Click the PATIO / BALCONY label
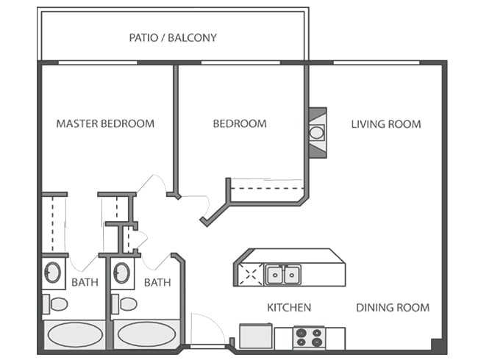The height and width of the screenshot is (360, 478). pyautogui.click(x=173, y=37)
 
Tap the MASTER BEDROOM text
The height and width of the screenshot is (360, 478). pyautogui.click(x=105, y=123)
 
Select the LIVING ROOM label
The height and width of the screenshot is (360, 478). pyautogui.click(x=385, y=123)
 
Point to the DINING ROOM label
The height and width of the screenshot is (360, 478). pyautogui.click(x=393, y=307)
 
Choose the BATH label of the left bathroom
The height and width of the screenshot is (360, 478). pyautogui.click(x=84, y=282)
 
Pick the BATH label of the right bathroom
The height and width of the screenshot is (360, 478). pyautogui.click(x=157, y=282)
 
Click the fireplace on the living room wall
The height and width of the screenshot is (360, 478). pyautogui.click(x=317, y=133)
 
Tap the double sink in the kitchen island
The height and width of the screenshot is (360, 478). pyautogui.click(x=283, y=275)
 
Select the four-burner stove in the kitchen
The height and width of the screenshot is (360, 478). pyautogui.click(x=309, y=337)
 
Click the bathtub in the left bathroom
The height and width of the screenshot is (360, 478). pyautogui.click(x=74, y=335)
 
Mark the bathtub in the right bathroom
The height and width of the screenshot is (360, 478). pyautogui.click(x=146, y=335)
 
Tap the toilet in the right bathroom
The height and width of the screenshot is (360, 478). pyautogui.click(x=126, y=303)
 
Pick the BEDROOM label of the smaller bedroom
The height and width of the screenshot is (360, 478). pyautogui.click(x=240, y=123)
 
